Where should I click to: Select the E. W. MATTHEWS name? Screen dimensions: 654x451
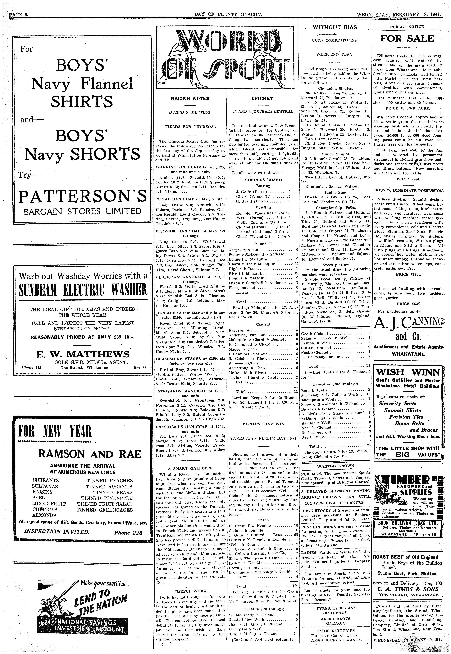[83, 354]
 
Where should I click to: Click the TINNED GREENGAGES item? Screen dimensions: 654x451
[105, 510]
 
